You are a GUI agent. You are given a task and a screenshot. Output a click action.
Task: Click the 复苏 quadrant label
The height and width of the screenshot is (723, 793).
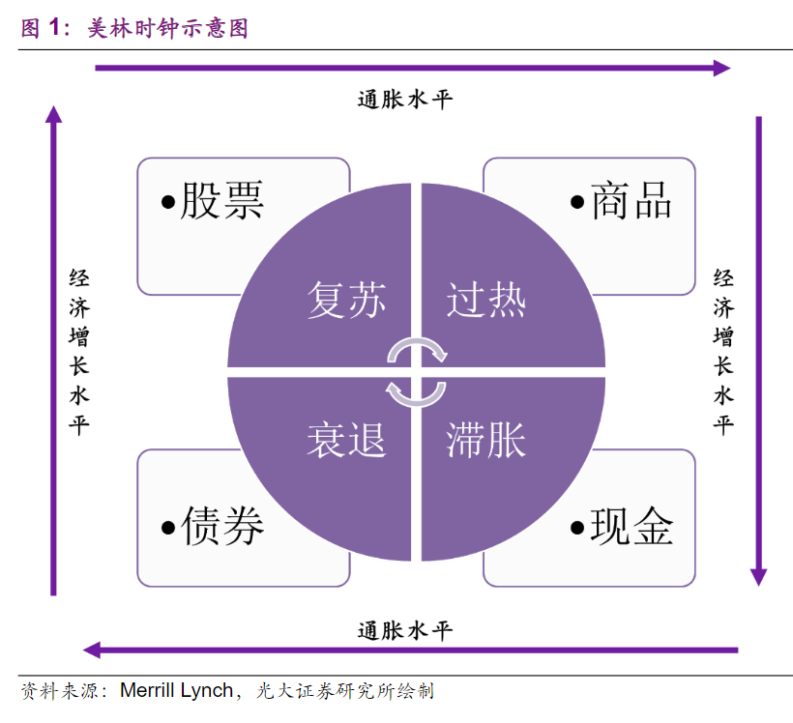click(x=347, y=300)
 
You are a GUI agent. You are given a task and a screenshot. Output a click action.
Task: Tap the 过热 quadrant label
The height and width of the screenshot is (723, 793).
click(x=486, y=300)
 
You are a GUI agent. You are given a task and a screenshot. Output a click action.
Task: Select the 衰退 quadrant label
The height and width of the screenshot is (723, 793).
click(x=347, y=440)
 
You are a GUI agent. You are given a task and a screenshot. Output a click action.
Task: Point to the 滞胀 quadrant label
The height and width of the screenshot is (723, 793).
click(x=486, y=440)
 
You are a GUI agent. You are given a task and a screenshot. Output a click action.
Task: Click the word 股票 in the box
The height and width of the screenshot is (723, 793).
click(x=222, y=200)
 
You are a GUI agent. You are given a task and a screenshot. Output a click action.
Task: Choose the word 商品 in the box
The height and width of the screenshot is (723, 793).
click(x=631, y=200)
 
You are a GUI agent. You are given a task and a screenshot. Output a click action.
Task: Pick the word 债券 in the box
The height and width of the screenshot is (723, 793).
click(x=222, y=527)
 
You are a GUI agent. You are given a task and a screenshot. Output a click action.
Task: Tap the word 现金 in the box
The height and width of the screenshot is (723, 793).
click(x=631, y=527)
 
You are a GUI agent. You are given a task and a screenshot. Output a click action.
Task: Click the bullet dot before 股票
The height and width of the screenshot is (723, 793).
click(x=168, y=203)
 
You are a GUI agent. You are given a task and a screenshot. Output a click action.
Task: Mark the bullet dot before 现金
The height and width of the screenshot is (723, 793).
click(x=577, y=529)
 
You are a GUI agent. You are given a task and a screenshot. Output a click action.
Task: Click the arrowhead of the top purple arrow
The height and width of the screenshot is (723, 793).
click(x=722, y=68)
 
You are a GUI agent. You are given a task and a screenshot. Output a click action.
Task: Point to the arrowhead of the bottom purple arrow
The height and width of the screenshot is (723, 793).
click(x=92, y=650)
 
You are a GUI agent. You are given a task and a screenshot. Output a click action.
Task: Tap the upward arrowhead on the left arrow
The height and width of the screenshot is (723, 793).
click(x=53, y=114)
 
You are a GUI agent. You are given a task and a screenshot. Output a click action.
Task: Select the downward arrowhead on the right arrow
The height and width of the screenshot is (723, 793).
click(x=758, y=577)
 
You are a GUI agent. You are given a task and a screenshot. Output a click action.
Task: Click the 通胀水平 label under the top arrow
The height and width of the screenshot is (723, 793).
click(x=405, y=100)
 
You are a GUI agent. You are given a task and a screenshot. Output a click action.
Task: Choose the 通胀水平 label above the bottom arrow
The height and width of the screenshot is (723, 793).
click(x=405, y=630)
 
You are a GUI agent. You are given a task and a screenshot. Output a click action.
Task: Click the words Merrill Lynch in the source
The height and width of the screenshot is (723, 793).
click(x=177, y=690)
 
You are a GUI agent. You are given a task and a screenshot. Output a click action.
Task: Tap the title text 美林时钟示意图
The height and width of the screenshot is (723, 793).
click(x=167, y=28)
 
